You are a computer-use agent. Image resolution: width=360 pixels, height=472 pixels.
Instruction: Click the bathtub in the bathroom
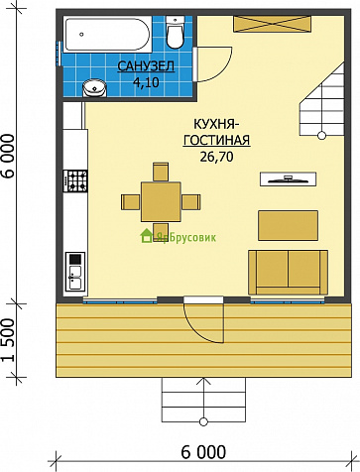tap(107, 35)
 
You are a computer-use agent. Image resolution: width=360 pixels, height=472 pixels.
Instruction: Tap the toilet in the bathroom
tap(175, 32)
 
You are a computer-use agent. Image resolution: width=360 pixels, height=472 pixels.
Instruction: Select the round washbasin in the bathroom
tap(94, 88)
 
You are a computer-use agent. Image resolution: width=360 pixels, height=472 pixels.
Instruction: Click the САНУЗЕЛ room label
tap(146, 66)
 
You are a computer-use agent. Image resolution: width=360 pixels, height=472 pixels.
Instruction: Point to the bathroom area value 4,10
tap(146, 82)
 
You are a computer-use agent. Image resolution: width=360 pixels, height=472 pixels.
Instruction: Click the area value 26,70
tap(216, 157)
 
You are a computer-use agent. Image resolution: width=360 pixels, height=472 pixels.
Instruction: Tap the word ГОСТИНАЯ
tap(217, 140)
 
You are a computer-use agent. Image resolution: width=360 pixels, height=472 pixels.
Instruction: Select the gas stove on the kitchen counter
tap(75, 180)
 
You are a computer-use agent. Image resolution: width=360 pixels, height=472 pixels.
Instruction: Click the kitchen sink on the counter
tap(75, 272)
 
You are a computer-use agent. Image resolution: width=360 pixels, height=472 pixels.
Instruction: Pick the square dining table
tap(161, 201)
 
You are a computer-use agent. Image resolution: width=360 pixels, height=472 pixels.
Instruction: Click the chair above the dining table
tap(161, 172)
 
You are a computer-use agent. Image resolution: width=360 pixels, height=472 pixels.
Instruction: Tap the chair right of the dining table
tap(190, 202)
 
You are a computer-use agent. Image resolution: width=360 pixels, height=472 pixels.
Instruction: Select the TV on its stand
tap(288, 178)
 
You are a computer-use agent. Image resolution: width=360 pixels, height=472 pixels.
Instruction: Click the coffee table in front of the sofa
tap(288, 225)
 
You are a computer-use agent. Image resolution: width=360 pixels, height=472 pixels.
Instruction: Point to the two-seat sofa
tap(288, 273)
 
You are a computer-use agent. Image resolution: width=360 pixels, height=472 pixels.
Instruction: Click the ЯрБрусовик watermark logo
tap(179, 236)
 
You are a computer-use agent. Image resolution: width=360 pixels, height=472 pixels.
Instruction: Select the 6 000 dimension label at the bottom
tap(203, 451)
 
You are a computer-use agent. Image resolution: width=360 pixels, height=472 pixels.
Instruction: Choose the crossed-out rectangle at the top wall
tap(273, 24)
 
